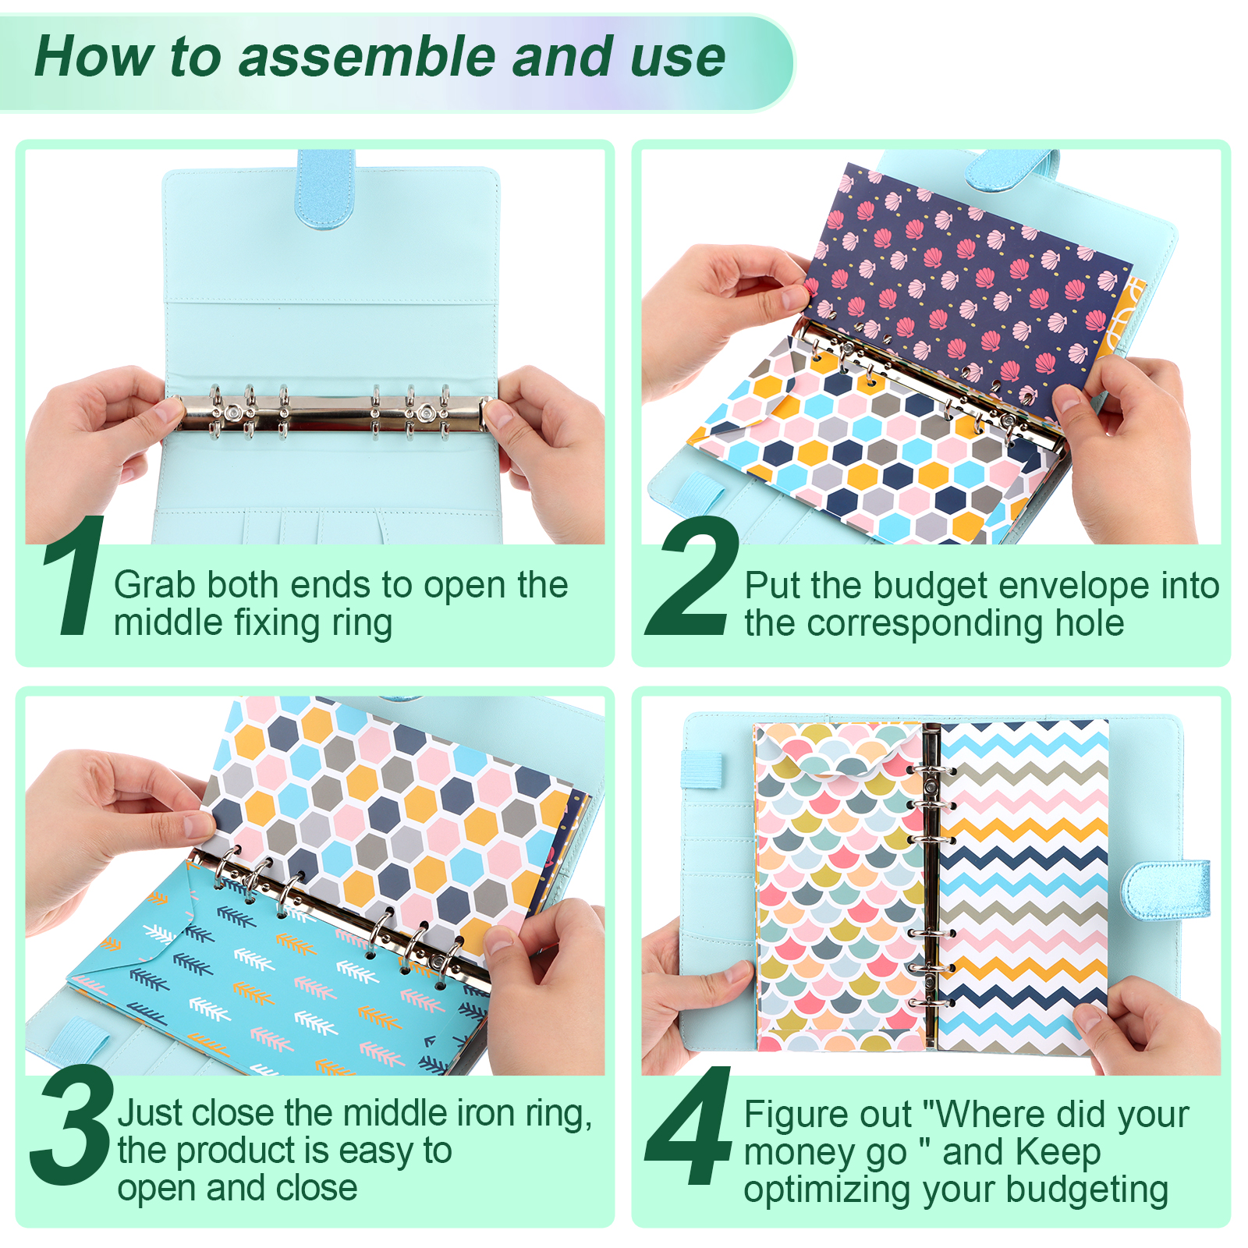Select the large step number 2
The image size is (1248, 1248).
pos(693,575)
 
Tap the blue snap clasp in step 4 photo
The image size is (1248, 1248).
pos(1165,889)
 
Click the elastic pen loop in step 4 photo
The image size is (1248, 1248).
pos(702,769)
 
